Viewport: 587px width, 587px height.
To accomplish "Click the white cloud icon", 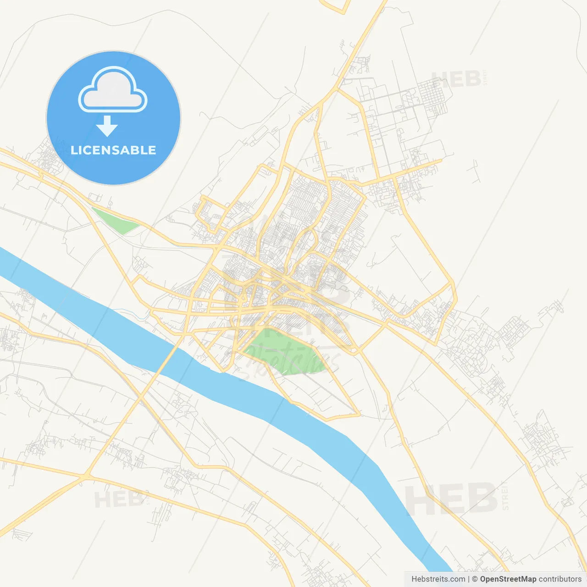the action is point(113,89).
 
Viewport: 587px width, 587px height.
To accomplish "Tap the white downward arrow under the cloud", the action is point(107,126).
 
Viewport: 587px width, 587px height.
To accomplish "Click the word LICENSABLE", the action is point(113,150).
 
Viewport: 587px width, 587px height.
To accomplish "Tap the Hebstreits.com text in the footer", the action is point(438,579).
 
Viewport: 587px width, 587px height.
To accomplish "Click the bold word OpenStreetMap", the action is point(508,579).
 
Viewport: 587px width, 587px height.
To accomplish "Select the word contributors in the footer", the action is point(560,579).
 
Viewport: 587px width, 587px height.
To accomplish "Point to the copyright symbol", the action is point(475,579).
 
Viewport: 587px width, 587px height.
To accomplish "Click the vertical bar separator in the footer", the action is point(469,579).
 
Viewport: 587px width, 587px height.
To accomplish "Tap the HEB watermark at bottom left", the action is point(117,499).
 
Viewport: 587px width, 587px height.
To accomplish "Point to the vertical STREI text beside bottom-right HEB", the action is point(505,496).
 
